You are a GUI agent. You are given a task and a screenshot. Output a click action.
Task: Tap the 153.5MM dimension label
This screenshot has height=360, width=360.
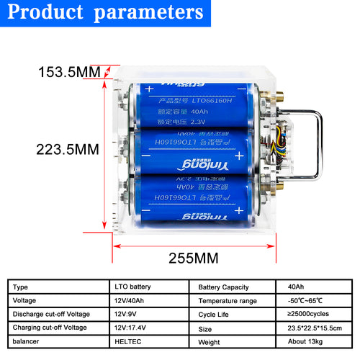69,73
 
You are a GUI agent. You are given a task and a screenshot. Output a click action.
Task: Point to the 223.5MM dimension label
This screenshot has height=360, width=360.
68,150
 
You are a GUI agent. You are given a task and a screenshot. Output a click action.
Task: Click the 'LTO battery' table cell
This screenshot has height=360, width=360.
129,287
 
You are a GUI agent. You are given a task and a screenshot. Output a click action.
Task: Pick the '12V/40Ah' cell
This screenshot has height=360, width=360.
127,300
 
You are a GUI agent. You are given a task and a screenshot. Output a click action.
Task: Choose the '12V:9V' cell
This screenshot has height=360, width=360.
123,314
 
